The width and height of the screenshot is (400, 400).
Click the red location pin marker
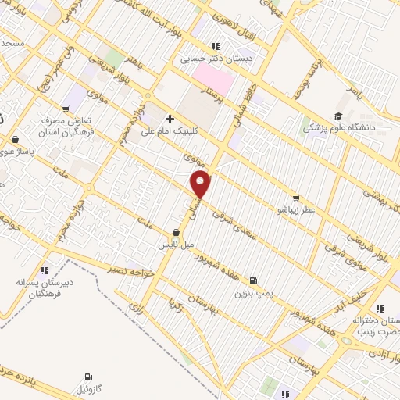pos(201,186)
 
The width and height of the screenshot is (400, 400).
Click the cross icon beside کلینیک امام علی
pos(170,120)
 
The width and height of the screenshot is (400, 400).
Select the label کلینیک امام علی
pos(167,133)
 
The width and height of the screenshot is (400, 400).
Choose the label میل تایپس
pos(176,245)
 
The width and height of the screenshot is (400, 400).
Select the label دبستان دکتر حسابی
pos(205,57)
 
